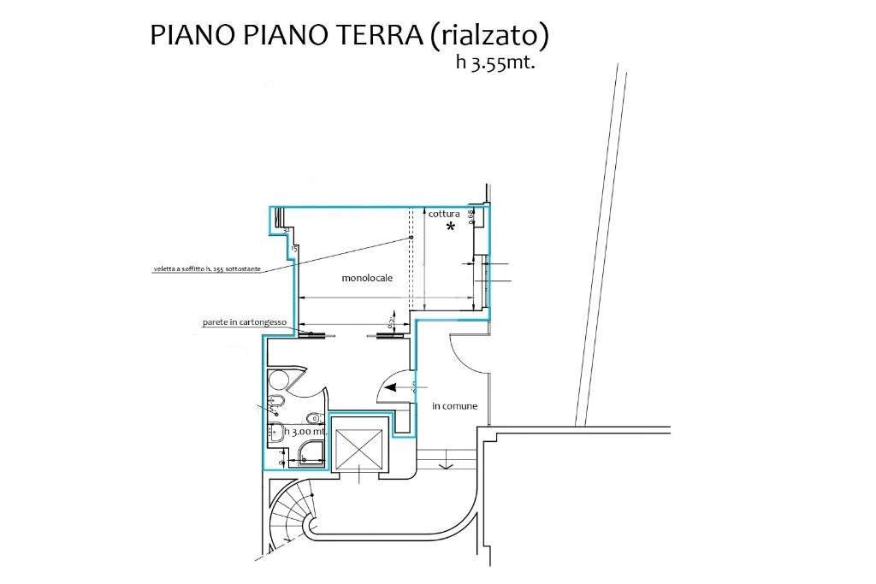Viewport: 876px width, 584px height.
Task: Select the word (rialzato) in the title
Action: tap(488, 35)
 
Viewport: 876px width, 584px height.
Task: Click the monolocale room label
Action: tap(366, 278)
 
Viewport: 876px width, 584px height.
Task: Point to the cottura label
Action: tap(444, 214)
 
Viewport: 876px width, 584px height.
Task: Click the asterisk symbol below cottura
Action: tap(450, 227)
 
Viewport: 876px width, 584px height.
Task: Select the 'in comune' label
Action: tap(454, 405)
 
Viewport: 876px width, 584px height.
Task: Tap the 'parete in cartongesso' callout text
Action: tap(243, 323)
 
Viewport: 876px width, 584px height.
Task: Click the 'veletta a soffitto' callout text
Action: tap(206, 269)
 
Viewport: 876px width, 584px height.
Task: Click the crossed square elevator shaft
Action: tap(359, 448)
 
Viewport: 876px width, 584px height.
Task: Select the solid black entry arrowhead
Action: tap(392, 387)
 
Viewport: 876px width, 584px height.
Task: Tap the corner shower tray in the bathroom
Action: tap(308, 453)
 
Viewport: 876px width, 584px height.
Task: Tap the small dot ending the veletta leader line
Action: tap(411, 237)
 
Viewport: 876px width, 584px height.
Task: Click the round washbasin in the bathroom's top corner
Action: tap(278, 380)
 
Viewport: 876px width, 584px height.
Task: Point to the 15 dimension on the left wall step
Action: tap(294, 248)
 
